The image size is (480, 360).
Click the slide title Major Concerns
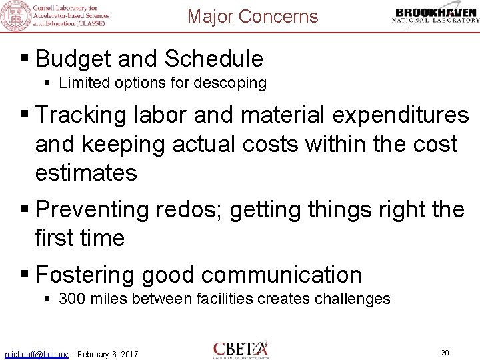253,16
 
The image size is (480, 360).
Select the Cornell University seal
15,15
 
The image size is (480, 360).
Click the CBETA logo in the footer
241,349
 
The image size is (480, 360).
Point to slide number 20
446,351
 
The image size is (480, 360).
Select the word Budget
73,59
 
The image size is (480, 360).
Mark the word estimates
86,173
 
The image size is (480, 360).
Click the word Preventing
93,209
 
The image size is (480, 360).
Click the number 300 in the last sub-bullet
71,299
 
